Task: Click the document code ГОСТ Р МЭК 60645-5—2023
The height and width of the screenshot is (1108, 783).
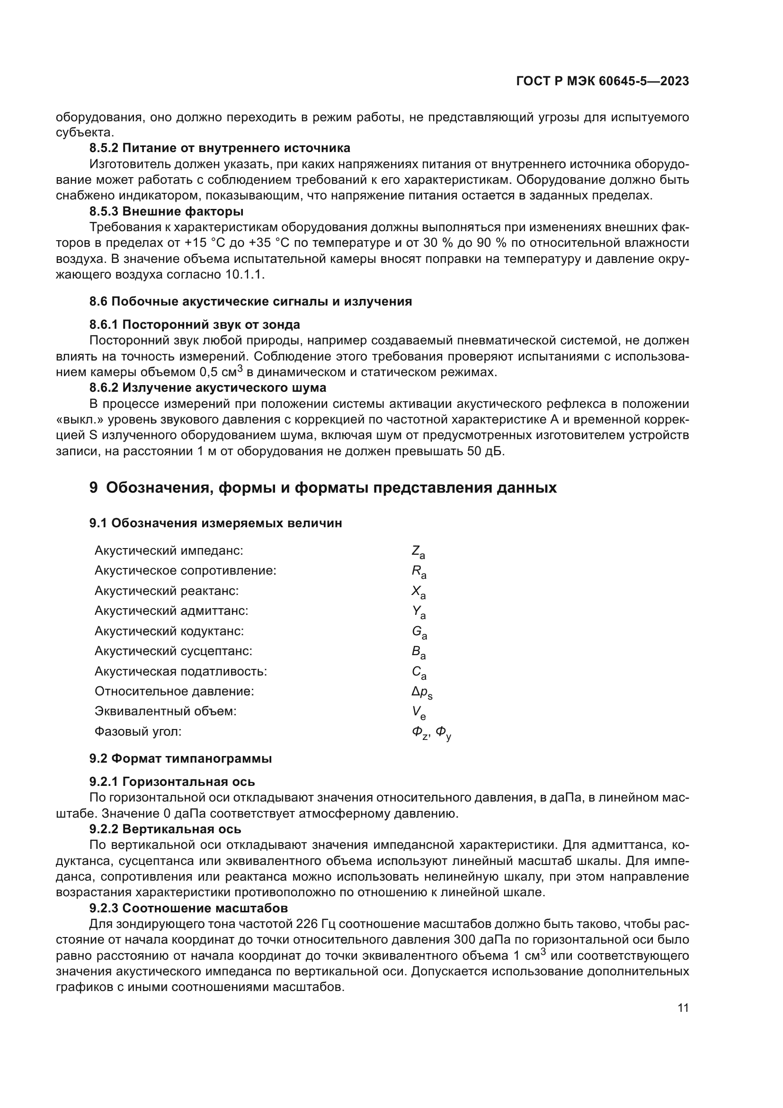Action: [x=602, y=81]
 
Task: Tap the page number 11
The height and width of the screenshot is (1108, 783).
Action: [x=683, y=1008]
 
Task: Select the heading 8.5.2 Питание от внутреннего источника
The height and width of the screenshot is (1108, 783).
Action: [x=219, y=148]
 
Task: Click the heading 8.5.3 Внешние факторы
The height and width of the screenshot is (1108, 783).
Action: [x=166, y=211]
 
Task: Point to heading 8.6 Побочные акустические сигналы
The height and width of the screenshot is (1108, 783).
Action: [x=250, y=302]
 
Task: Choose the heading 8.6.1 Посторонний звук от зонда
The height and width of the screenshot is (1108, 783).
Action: [x=194, y=324]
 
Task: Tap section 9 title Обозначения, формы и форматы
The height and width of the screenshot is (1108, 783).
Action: [x=322, y=487]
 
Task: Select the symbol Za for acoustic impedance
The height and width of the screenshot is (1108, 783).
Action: [x=418, y=551]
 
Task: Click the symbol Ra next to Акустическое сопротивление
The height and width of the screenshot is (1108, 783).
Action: [x=418, y=572]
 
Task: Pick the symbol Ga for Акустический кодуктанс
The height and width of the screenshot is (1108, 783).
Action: [x=419, y=632]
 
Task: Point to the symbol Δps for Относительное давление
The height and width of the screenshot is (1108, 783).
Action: [x=422, y=693]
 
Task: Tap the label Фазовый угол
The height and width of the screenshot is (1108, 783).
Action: [x=138, y=731]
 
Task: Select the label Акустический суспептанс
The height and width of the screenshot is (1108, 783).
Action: [x=173, y=651]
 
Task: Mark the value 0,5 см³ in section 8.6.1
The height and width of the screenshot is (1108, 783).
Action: [x=220, y=372]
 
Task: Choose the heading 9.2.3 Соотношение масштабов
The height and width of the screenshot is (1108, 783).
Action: [x=188, y=908]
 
